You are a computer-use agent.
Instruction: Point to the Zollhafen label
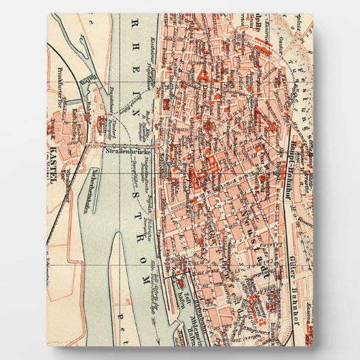(181, 285)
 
